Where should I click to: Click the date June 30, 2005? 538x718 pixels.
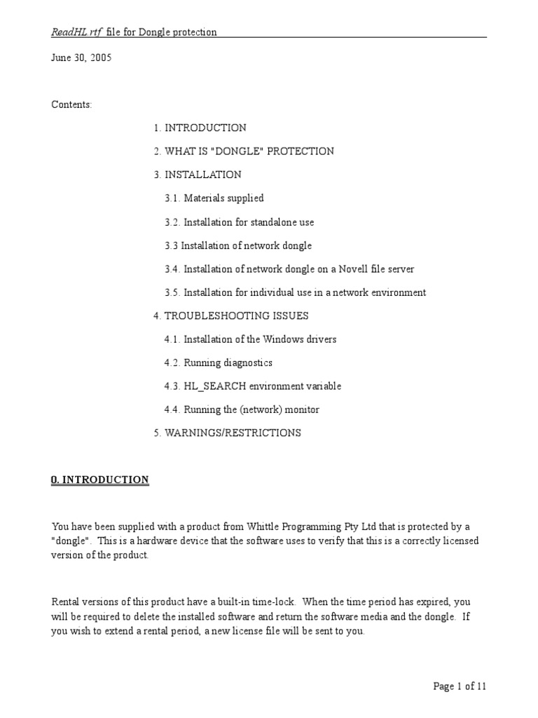pyautogui.click(x=81, y=57)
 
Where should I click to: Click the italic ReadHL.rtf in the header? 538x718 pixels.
pyautogui.click(x=76, y=32)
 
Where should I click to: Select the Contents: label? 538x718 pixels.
pyautogui.click(x=71, y=104)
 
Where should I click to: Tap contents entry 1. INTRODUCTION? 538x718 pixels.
pyautogui.click(x=200, y=128)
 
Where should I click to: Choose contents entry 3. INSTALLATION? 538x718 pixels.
pyautogui.click(x=198, y=175)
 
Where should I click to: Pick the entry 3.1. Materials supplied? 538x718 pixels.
pyautogui.click(x=214, y=198)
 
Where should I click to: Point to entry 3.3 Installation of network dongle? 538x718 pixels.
pyautogui.click(x=238, y=245)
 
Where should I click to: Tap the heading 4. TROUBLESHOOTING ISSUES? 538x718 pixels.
pyautogui.click(x=231, y=316)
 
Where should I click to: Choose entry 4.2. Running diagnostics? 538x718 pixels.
pyautogui.click(x=219, y=363)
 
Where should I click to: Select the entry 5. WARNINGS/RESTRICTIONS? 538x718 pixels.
pyautogui.click(x=227, y=433)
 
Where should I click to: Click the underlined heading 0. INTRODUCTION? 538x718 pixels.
pyautogui.click(x=100, y=480)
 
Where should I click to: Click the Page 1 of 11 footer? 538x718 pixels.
pyautogui.click(x=460, y=686)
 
